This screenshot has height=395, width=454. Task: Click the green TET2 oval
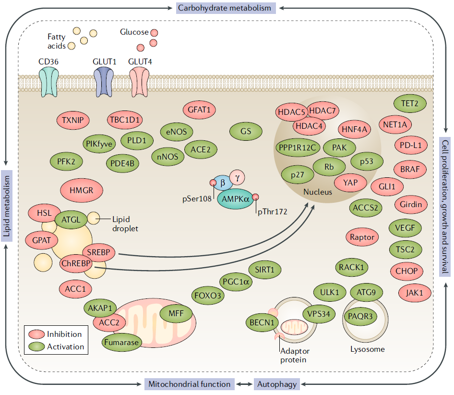pyautogui.click(x=407, y=103)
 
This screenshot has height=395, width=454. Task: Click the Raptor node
pyautogui.click(x=362, y=236)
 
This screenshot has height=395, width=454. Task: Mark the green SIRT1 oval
pyautogui.click(x=265, y=270)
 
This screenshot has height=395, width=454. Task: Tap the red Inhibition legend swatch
pyautogui.click(x=36, y=334)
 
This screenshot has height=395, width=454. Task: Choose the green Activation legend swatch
pyautogui.click(x=36, y=346)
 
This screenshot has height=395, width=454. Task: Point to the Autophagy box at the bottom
pyautogui.click(x=277, y=384)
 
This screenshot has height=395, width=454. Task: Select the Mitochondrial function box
pyautogui.click(x=190, y=384)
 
